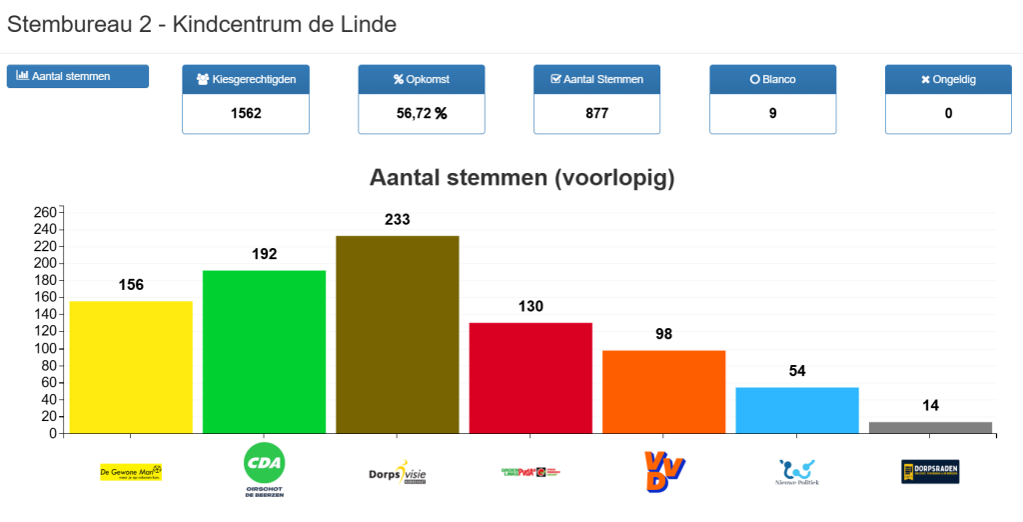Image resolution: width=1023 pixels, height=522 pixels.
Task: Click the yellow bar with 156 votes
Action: [x=131, y=367]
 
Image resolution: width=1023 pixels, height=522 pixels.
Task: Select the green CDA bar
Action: [x=264, y=352]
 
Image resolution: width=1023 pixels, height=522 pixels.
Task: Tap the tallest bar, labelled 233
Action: [x=398, y=334]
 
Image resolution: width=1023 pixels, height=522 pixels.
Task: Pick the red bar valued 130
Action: [x=530, y=378]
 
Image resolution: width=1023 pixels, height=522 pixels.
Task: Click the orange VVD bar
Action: [x=663, y=392]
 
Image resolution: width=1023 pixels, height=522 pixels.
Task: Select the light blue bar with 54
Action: [x=797, y=410]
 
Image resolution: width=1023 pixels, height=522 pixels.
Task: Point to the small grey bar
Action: [x=930, y=427]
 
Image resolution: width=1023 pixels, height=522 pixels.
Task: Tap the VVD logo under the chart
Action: [x=663, y=471]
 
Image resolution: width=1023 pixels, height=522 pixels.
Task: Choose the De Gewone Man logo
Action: [x=131, y=472]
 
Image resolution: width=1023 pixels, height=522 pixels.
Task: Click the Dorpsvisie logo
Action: [x=398, y=472]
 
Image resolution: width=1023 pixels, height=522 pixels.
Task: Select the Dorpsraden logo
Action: [x=930, y=472]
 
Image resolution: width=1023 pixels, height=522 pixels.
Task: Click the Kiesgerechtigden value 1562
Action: [x=246, y=113]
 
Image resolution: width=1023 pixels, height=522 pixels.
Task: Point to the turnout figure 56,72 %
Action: [x=422, y=113]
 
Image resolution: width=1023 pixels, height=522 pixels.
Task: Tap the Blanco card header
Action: [x=772, y=79]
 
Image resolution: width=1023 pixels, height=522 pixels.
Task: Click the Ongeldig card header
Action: [x=948, y=79]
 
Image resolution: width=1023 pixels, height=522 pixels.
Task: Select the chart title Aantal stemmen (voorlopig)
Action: [x=522, y=178]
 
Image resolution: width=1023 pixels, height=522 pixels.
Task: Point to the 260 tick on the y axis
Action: [x=46, y=212]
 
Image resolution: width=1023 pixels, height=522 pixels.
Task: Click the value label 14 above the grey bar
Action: [x=930, y=405]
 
